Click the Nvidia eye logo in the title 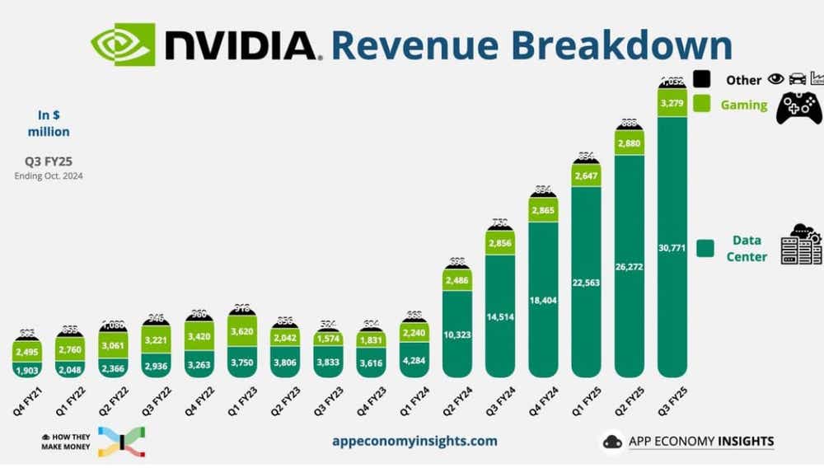[x=123, y=44]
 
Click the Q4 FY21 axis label [x=26, y=401]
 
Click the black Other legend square [x=702, y=80]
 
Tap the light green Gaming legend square [x=702, y=105]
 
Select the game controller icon [x=798, y=108]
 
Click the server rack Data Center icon [x=801, y=245]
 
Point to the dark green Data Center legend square [x=705, y=248]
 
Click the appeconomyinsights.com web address [x=414, y=441]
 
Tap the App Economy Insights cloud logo [x=612, y=442]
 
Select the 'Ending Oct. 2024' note [x=49, y=175]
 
